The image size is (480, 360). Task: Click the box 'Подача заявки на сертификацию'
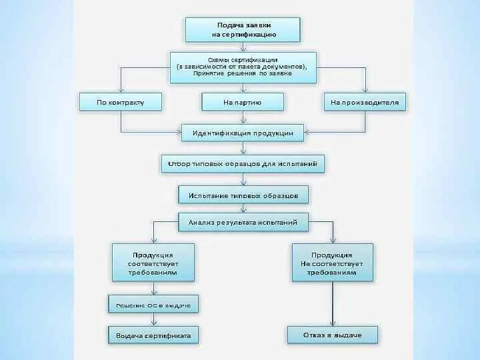243,29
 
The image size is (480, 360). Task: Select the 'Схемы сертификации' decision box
242,67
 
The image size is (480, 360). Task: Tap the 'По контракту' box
120,102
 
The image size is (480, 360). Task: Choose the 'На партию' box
243,102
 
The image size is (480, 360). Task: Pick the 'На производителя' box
365,102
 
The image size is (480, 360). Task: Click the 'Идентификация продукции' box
243,132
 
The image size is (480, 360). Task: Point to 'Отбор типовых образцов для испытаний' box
243,163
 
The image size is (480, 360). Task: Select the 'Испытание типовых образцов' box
243,195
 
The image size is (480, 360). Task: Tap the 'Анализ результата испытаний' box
243,223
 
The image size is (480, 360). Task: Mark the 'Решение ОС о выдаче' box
153,305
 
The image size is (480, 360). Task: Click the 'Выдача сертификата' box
153,335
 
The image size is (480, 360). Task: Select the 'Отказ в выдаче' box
332,335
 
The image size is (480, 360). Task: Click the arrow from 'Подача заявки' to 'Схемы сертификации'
243,47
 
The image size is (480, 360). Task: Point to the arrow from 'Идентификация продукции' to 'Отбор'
243,148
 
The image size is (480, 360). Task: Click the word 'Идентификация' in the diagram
217,132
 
